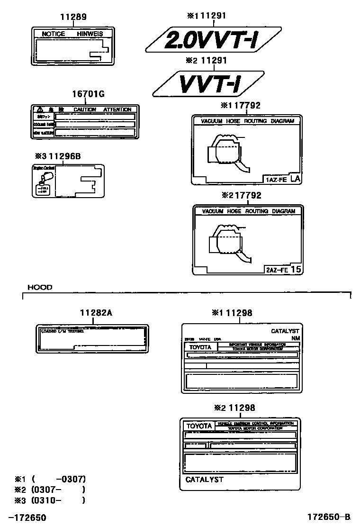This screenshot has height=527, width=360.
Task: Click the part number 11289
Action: [73, 17]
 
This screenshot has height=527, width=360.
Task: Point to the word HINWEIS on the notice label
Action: [90, 34]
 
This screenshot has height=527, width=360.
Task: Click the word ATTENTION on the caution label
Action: [117, 109]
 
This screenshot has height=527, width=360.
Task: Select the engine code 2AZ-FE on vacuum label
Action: [277, 270]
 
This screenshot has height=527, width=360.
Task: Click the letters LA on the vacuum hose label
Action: [295, 179]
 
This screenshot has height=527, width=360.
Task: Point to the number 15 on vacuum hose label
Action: [296, 269]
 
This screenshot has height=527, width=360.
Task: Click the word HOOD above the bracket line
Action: [40, 287]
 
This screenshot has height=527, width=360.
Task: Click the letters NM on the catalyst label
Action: [295, 338]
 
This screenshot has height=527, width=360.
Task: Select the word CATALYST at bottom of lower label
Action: [204, 480]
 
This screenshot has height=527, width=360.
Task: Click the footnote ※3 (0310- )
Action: [50, 500]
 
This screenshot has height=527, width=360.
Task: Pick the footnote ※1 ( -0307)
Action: [50, 479]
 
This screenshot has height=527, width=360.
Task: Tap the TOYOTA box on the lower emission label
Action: [199, 426]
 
